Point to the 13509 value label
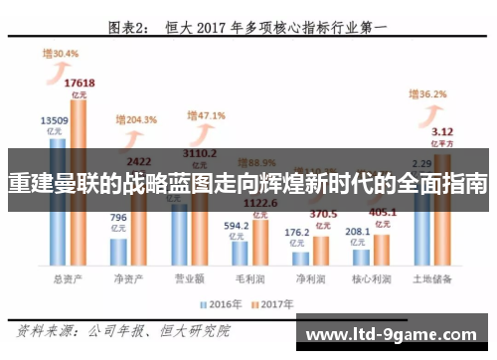(x=54, y=121)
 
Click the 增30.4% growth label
(x=60, y=54)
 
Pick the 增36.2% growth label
(x=427, y=94)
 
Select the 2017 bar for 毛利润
(x=260, y=245)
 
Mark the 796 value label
(x=117, y=218)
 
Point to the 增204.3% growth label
(x=136, y=119)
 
